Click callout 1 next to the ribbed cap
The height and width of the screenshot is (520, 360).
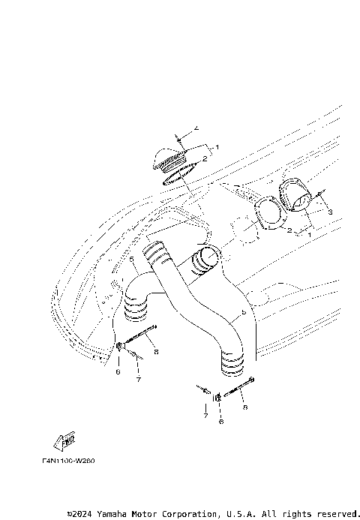click(x=217, y=147)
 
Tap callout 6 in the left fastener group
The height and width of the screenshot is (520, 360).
click(x=118, y=371)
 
